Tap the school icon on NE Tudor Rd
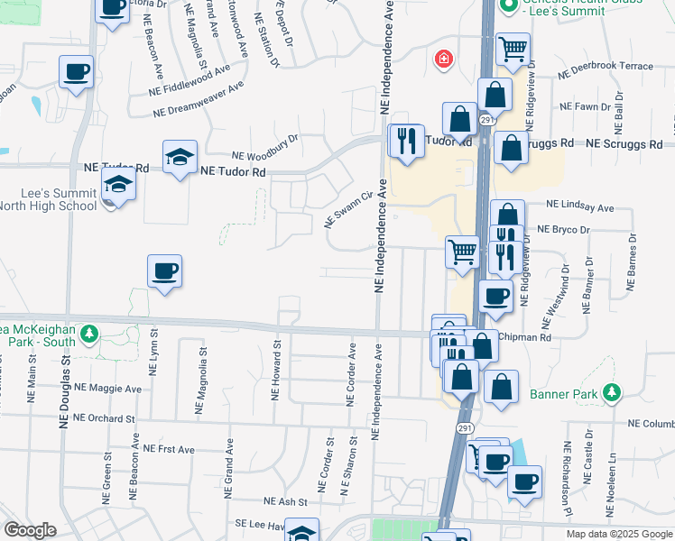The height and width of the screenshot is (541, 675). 180,157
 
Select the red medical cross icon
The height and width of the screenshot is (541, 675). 443,60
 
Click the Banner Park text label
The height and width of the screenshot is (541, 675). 569,393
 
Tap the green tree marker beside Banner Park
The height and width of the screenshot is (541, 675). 613,392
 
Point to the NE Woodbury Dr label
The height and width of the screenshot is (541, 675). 264,146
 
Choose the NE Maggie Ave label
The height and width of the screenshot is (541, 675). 108,388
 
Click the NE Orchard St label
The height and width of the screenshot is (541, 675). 104,418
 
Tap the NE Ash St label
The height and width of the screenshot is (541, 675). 286,501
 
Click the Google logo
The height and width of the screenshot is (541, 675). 30,530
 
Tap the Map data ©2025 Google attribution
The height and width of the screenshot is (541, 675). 618,534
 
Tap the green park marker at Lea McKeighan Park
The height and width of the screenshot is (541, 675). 88,335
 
